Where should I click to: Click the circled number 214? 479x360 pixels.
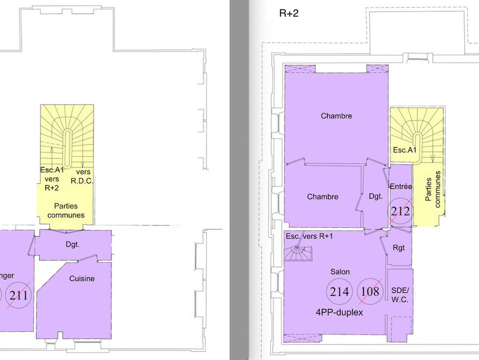339,292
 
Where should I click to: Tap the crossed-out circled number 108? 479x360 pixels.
370,292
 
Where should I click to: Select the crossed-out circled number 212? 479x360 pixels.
400,211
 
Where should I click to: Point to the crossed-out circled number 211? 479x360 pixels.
19,295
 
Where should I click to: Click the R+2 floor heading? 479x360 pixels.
289,13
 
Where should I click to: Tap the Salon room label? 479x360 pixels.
340,271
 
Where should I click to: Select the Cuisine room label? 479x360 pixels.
82,278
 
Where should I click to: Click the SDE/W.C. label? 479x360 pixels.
400,295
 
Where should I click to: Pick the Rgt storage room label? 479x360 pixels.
399,248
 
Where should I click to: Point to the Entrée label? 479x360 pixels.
401,186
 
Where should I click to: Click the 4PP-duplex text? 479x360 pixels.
339,312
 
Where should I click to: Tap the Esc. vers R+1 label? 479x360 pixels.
309,236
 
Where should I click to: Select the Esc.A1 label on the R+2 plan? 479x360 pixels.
405,150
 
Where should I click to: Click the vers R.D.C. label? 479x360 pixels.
82,176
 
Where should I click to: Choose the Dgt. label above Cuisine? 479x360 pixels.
73,244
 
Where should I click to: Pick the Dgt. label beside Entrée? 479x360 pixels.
376,196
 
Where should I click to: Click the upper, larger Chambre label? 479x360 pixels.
336,116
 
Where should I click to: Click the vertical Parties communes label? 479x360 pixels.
433,190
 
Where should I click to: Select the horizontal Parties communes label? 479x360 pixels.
66,211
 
